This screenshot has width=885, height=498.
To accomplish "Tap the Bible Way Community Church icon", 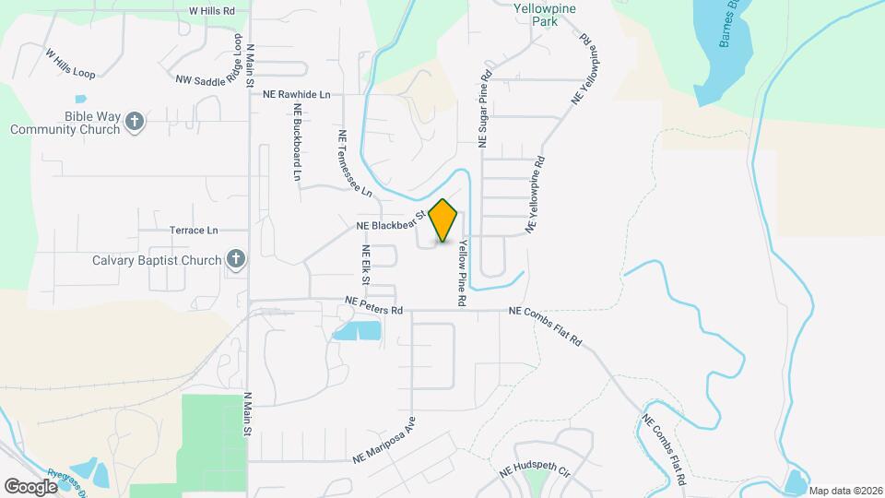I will [135, 122].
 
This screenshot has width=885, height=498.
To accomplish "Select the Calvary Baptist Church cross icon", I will [235, 259].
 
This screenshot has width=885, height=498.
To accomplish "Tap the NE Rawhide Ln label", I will [296, 94].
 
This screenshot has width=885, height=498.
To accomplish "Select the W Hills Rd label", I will [212, 10].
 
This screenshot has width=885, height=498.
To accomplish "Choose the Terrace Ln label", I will [194, 230].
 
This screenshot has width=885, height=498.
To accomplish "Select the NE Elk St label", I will [366, 265].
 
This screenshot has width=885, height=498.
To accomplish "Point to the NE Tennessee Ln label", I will [353, 163].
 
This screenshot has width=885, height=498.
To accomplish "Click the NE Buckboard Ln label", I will [297, 140].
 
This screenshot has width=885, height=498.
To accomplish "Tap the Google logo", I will [30, 486].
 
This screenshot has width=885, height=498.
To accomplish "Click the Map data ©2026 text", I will [845, 491].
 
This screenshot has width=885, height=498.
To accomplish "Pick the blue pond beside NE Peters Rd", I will [358, 330].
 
